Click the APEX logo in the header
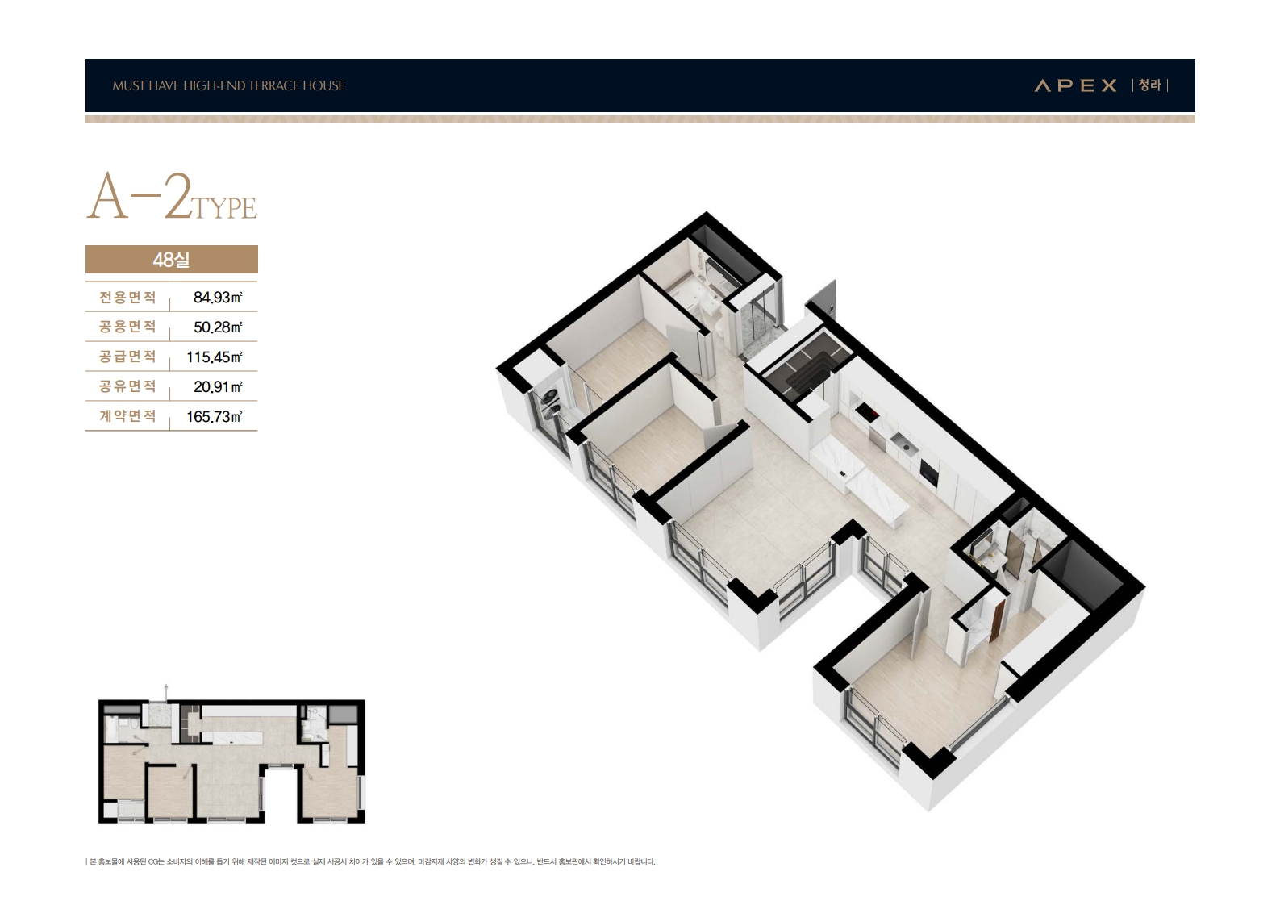coord(1075,85)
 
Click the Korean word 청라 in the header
coord(1149,85)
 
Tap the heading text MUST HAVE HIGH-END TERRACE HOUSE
coord(228,85)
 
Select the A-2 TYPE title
coord(172,197)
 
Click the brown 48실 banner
coord(172,260)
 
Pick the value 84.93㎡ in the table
coord(217,297)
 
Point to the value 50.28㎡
coord(217,327)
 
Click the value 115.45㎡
coord(215,357)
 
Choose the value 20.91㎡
coord(217,387)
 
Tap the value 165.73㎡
coord(215,416)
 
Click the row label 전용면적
coord(127,297)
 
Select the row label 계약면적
coord(127,416)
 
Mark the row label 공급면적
coord(127,357)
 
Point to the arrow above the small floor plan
coord(166,690)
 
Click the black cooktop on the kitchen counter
coord(867,411)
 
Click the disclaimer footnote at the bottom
coord(371,861)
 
